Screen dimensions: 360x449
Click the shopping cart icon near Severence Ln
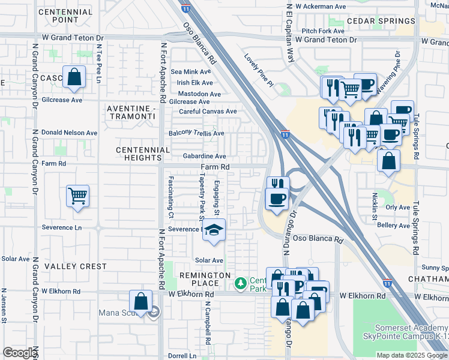(78, 196)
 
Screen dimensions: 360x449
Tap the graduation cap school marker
(214, 230)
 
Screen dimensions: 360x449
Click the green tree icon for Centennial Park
(241, 282)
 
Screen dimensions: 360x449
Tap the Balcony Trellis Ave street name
(196, 133)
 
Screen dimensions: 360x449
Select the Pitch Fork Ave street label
(323, 31)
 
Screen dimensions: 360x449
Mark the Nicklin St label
(374, 202)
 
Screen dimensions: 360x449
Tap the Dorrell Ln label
(182, 355)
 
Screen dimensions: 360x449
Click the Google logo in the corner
(19, 353)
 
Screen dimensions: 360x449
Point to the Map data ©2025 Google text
(411, 355)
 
